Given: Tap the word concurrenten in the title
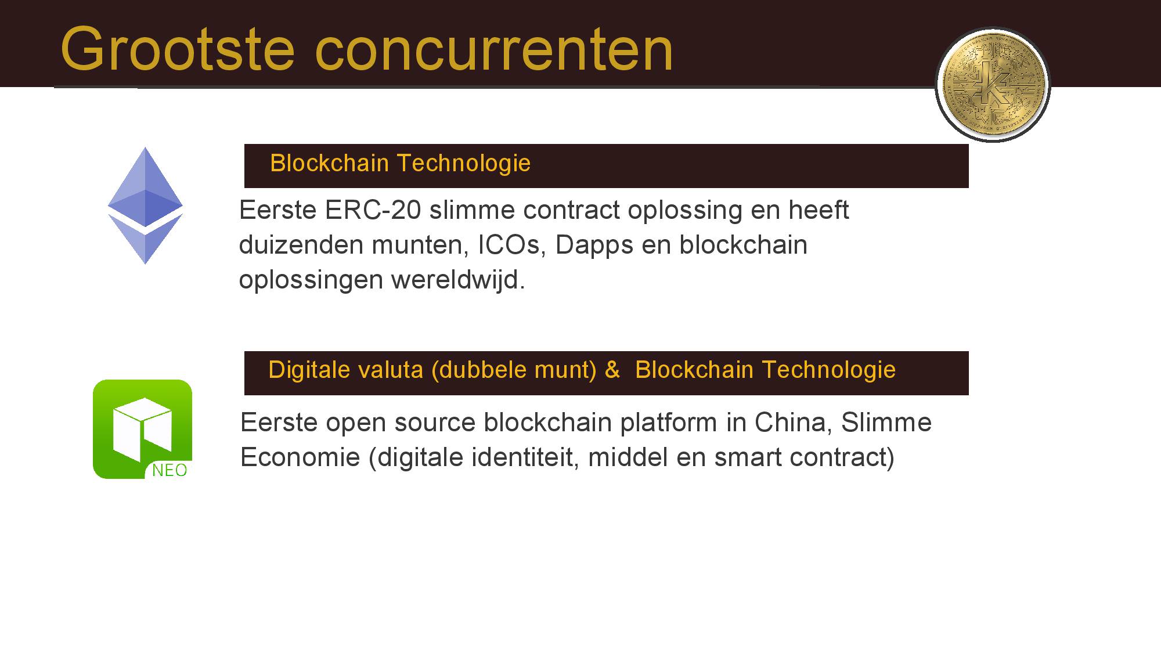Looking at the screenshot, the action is point(494,50).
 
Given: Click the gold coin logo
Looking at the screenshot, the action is point(993,85).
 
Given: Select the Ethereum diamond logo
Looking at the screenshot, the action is point(145,205).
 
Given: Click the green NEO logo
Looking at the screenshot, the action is point(142,429).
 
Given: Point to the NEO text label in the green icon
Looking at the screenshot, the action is point(170,470).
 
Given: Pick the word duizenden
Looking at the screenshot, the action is point(301,245).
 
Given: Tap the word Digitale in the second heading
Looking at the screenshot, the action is point(305,370).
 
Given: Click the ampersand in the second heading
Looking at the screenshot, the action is point(612,370).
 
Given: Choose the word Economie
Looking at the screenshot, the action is point(300,457).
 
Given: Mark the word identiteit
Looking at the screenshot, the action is point(525,457).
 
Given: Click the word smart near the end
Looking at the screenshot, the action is point(748,458).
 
